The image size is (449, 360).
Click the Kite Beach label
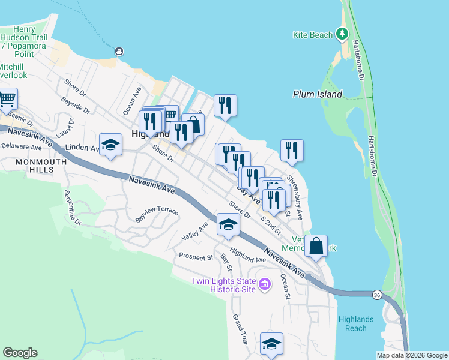click(312, 35)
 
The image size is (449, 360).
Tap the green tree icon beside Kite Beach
click(342, 34)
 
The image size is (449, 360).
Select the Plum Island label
click(318, 94)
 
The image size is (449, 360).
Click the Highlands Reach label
click(356, 323)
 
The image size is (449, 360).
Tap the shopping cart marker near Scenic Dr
click(7, 99)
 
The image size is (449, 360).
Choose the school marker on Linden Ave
click(110, 145)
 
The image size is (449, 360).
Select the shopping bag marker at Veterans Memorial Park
click(315, 245)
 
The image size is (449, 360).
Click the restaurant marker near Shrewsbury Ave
click(291, 151)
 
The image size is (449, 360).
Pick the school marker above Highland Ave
click(228, 224)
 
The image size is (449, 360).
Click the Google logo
click(20, 353)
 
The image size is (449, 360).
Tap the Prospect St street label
click(196, 257)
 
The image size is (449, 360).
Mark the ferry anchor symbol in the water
click(119, 51)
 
